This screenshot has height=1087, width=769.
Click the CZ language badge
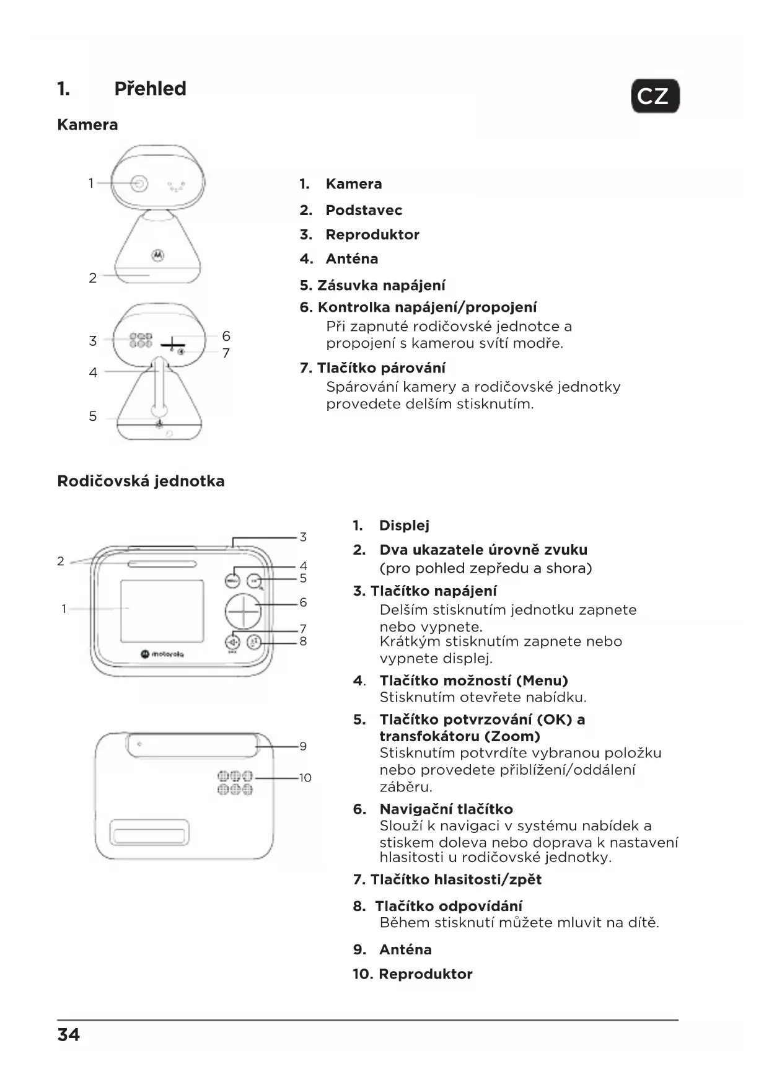pyautogui.click(x=655, y=96)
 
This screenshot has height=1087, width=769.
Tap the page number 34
pyautogui.click(x=68, y=1034)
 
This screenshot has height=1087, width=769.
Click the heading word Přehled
pyautogui.click(x=150, y=89)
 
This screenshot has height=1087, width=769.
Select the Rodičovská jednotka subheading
pyautogui.click(x=141, y=481)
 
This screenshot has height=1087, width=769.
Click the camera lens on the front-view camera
pyautogui.click(x=139, y=183)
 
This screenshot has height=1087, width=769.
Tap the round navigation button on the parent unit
pyautogui.click(x=243, y=611)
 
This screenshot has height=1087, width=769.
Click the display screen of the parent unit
pyautogui.click(x=162, y=611)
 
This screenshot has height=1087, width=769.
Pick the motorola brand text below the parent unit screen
pyautogui.click(x=162, y=653)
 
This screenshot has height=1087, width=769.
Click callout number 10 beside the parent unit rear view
pyautogui.click(x=305, y=778)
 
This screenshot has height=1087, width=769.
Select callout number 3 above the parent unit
pyautogui.click(x=303, y=537)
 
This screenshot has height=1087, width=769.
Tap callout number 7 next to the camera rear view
pyautogui.click(x=226, y=353)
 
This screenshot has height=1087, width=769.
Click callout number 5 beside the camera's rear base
pyautogui.click(x=93, y=416)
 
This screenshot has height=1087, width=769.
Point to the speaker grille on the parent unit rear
pyautogui.click(x=235, y=783)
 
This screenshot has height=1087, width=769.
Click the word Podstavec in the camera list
pyautogui.click(x=364, y=210)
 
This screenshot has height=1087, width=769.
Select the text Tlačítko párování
pyautogui.click(x=380, y=368)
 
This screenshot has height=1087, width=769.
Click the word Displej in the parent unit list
pyautogui.click(x=404, y=526)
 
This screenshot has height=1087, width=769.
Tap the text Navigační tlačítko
pyautogui.click(x=446, y=809)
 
